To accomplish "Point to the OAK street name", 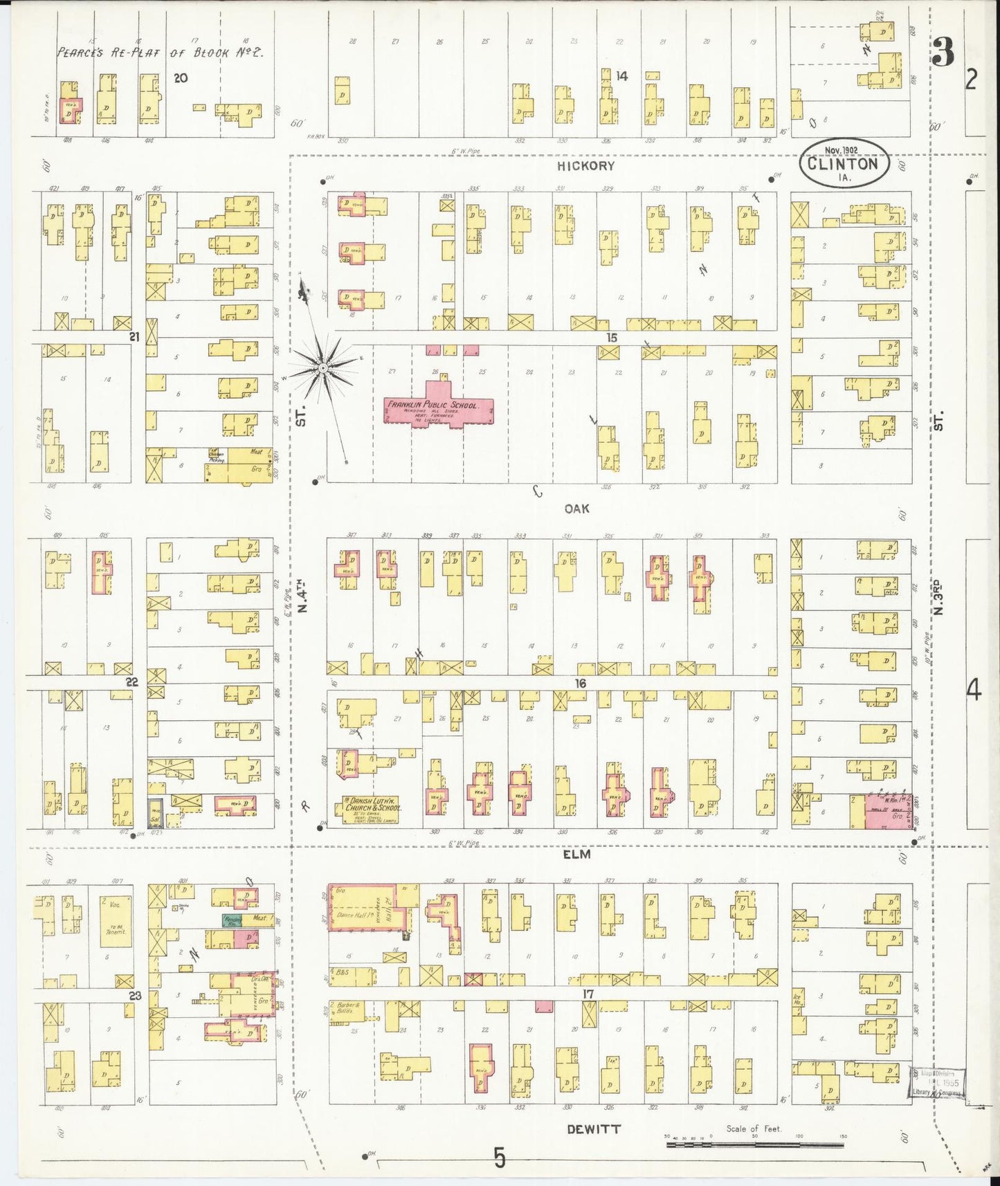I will point(576,509).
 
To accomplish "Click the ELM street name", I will point(576,855).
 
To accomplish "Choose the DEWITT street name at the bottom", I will point(594,1129).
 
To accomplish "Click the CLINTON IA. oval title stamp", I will point(844,165).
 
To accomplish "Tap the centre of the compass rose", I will point(322,369).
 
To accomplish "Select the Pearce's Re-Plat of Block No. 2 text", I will point(160,52).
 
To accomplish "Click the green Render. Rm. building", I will point(230,920).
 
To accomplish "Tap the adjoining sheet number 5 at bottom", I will point(500,1157).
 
